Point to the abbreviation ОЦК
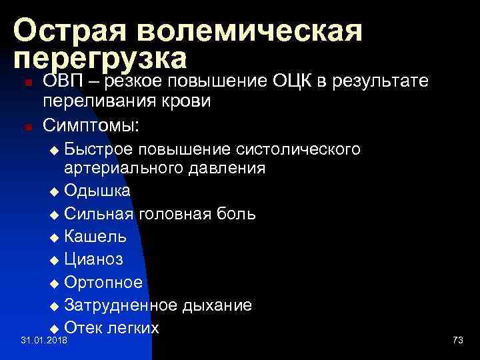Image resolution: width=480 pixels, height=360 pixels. tap(294, 81)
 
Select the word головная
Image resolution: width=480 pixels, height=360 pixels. tap(169, 214)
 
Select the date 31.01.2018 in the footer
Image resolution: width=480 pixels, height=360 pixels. tap(43, 341)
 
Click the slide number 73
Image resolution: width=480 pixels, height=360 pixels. tap(457, 341)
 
